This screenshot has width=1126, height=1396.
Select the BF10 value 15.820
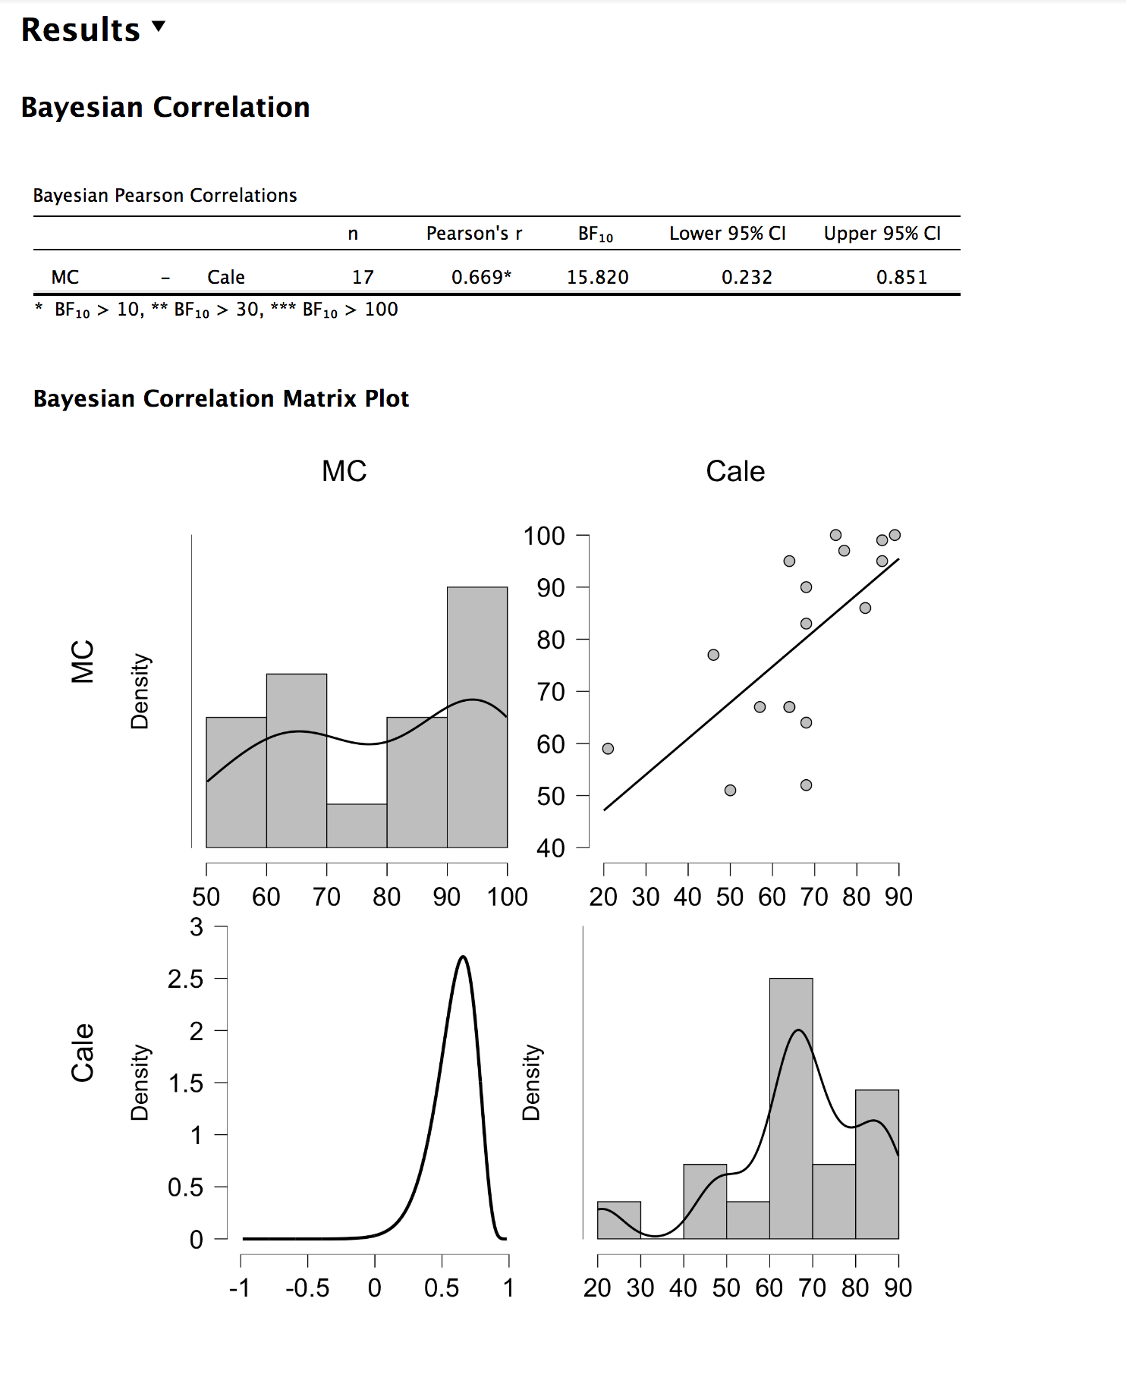point(597,278)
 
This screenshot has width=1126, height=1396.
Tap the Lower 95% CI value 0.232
point(747,278)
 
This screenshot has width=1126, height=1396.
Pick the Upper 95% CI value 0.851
point(901,278)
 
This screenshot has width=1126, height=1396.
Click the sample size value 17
point(363,278)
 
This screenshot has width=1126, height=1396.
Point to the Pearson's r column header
point(474,234)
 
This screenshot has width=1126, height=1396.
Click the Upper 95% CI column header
point(882,234)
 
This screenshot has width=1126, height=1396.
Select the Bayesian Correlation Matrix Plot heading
point(221,399)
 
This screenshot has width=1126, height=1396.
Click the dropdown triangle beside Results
point(159,27)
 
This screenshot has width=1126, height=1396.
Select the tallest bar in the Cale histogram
point(791,1108)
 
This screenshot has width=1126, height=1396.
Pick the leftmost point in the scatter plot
point(608,749)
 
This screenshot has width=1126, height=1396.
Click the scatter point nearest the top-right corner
point(895,535)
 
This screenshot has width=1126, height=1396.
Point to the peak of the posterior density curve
point(463,957)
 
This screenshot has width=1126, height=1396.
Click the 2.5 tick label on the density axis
point(186,979)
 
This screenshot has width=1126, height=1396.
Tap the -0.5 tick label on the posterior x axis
point(307,1288)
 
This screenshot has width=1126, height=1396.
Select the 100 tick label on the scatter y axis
point(544,536)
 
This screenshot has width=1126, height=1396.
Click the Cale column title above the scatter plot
point(735,471)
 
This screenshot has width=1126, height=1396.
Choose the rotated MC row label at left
point(83,661)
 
